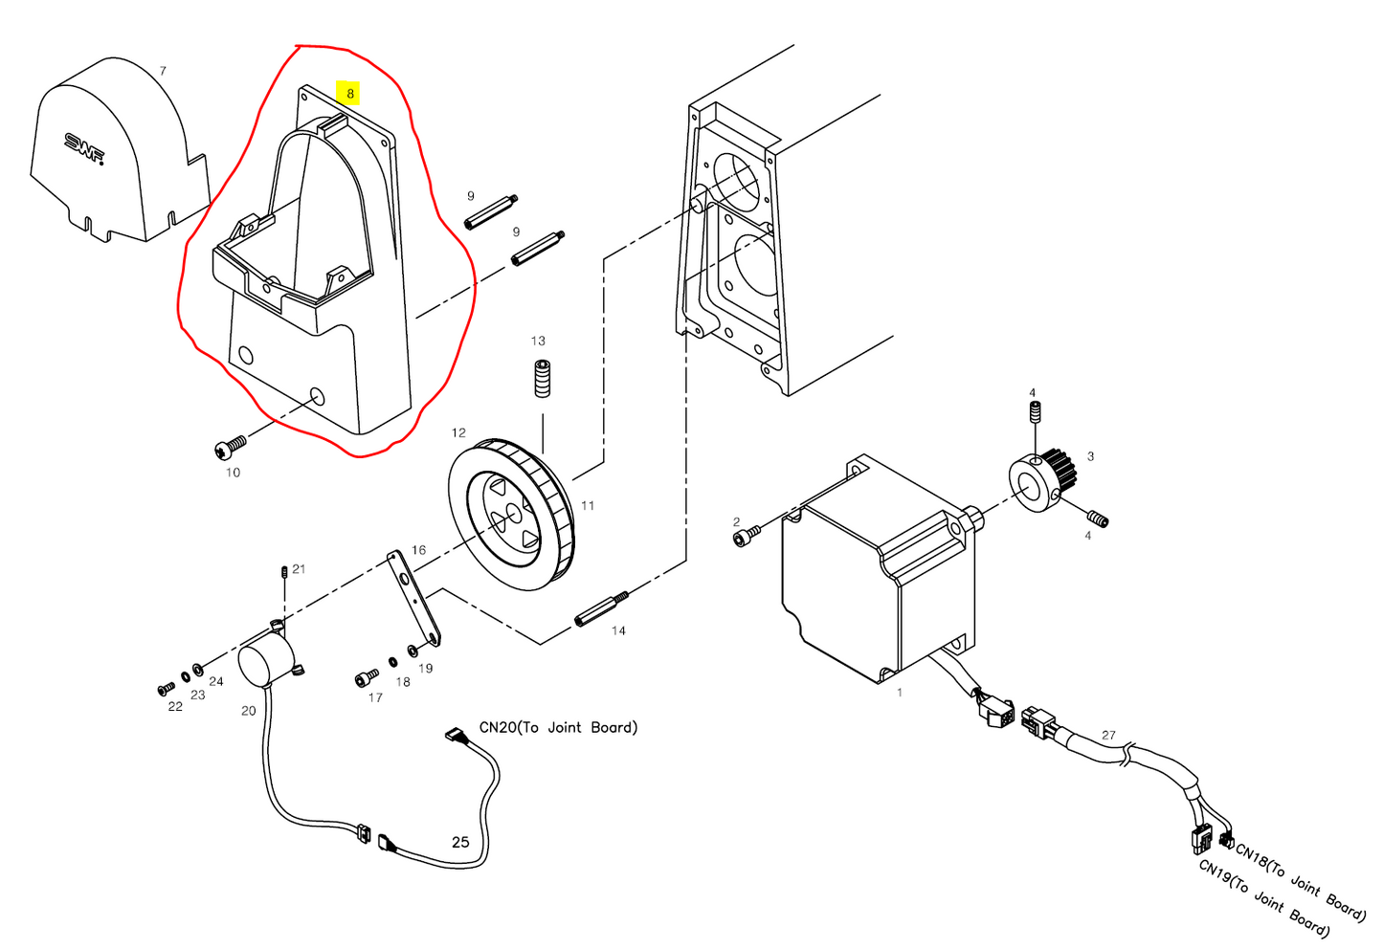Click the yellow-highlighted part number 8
[350, 93]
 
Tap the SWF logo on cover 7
[84, 146]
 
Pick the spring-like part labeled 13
[543, 378]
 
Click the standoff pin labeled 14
[602, 608]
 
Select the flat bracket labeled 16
[413, 597]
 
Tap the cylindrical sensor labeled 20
[266, 661]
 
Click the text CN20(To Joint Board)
[558, 727]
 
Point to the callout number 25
[460, 842]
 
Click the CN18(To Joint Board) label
[1301, 881]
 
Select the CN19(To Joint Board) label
[1263, 898]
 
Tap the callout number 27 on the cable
[1108, 735]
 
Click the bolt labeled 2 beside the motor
[746, 539]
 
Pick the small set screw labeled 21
[285, 572]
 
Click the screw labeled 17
[366, 679]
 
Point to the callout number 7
[163, 71]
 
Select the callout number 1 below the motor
[899, 692]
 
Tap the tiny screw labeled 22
[166, 689]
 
